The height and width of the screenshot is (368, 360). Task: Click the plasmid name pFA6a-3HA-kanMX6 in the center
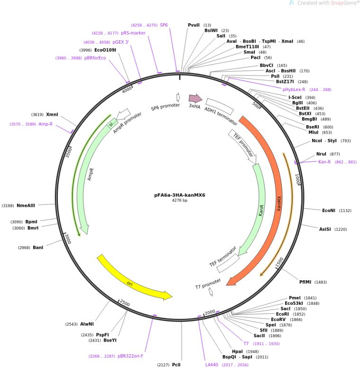pyautogui.click(x=180, y=195)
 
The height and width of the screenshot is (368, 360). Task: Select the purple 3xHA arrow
pyautogui.click(x=196, y=98)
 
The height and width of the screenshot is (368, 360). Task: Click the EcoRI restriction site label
pyautogui.click(x=282, y=314)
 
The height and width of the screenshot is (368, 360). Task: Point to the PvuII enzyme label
pyautogui.click(x=194, y=25)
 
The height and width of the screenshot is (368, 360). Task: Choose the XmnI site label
pyautogui.click(x=52, y=115)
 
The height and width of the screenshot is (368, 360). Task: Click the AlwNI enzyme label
pyautogui.click(x=87, y=324)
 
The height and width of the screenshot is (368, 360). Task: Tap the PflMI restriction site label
pyautogui.click(x=305, y=282)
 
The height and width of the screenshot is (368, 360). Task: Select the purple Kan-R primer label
pyautogui.click(x=324, y=162)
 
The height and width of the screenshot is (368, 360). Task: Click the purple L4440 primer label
pyautogui.click(x=212, y=365)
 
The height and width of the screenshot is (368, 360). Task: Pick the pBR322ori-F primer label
pyautogui.click(x=130, y=356)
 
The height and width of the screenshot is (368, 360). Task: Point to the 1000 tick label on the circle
pyautogui.click(x=297, y=179)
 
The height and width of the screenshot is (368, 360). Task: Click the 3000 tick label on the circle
pyautogui.click(x=68, y=239)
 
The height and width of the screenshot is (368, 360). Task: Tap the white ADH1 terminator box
pyautogui.click(x=220, y=106)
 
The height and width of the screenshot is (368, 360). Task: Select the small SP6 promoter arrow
pyautogui.click(x=178, y=97)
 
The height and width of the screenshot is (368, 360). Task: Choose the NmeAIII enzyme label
pyautogui.click(x=26, y=206)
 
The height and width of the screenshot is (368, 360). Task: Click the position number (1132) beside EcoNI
pyautogui.click(x=345, y=211)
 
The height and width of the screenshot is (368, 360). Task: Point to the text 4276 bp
pyautogui.click(x=180, y=201)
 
